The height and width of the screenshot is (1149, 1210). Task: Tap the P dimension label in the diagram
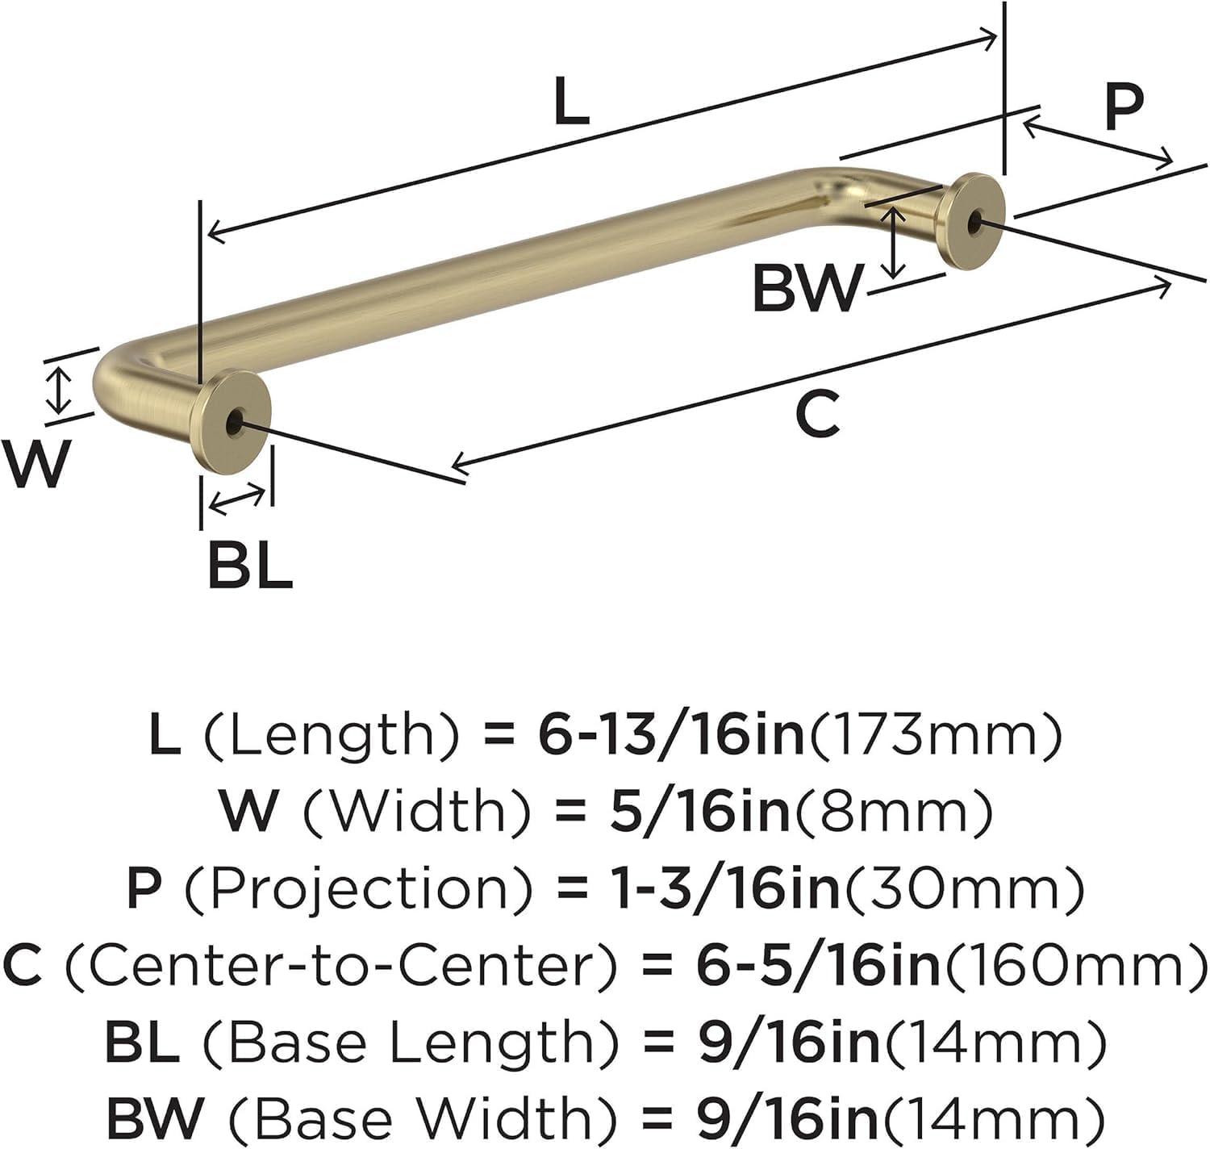pyautogui.click(x=1124, y=107)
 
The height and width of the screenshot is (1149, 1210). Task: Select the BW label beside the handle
pyautogui.click(x=806, y=288)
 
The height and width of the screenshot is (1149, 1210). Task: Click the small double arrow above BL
pyautogui.click(x=236, y=499)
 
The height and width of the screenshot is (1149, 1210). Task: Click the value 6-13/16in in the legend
pyautogui.click(x=671, y=734)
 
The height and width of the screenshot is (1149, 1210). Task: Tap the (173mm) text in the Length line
pyautogui.click(x=934, y=734)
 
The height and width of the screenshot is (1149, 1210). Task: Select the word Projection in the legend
pyautogui.click(x=359, y=888)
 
